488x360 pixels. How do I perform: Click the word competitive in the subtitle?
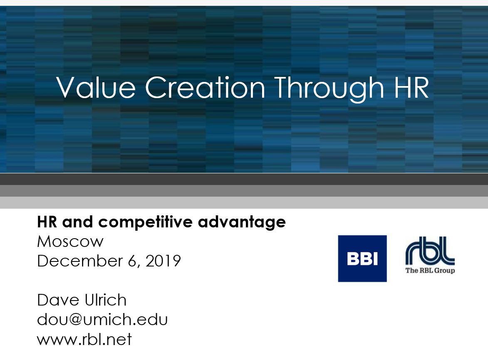pos(145,222)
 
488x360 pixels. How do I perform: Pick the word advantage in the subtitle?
pos(242,223)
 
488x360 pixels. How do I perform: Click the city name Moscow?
pos(70,242)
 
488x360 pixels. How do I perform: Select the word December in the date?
pos(80,261)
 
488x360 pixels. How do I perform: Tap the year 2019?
pos(163,261)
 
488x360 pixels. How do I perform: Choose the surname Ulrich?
pos(106,300)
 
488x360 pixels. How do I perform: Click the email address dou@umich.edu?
pos(102,319)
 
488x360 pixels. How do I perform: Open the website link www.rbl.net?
pos(84,339)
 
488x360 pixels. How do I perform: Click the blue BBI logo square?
pos(362,259)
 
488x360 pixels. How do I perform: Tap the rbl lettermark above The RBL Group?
pos(430,251)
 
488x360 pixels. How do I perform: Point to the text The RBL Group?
pos(430,270)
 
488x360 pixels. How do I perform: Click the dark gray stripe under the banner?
pos(244,179)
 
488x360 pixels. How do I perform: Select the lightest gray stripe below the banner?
pos(244,202)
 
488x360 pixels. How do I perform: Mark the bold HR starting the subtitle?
pos(47,222)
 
